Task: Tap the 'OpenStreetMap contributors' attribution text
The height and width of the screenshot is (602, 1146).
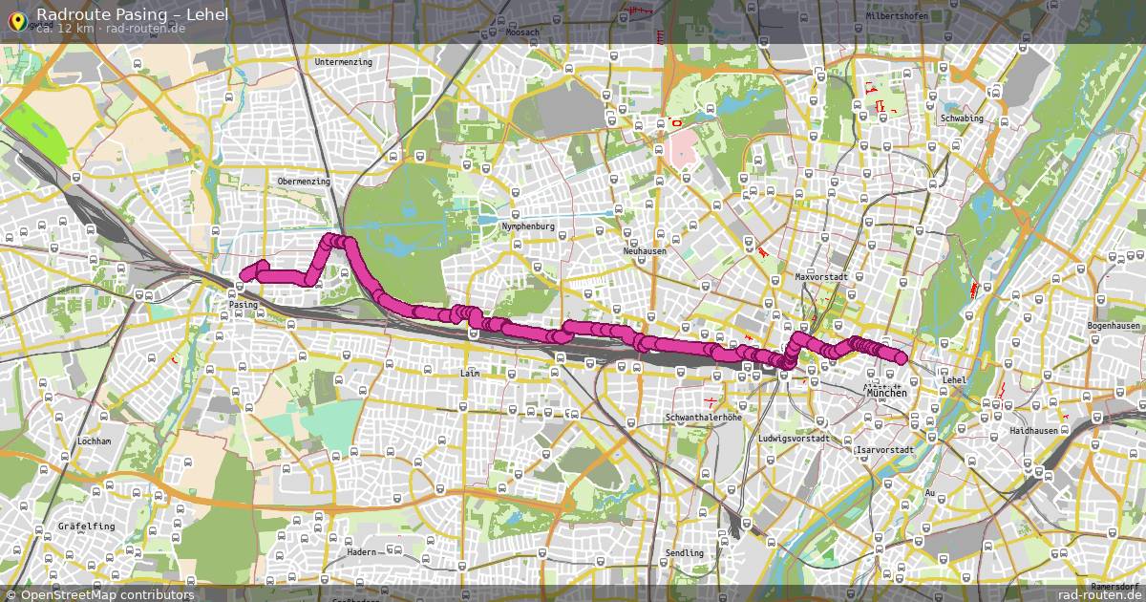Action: tap(107, 594)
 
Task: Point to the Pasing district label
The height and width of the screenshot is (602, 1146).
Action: tap(244, 305)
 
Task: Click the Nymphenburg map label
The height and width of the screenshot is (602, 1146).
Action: tap(528, 226)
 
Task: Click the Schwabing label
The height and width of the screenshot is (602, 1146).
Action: tap(962, 118)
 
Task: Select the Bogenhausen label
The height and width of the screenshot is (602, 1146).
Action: tap(1114, 326)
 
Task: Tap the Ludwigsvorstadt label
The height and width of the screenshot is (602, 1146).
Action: tap(794, 439)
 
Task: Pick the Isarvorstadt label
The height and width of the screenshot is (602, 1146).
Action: tap(886, 449)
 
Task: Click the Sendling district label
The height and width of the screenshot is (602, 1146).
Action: tap(684, 553)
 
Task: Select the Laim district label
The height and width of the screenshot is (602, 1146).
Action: tap(469, 373)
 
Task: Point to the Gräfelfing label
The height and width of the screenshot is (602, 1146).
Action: tap(86, 527)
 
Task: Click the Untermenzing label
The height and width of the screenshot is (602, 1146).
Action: tap(343, 62)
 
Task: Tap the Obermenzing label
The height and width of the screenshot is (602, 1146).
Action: tap(304, 181)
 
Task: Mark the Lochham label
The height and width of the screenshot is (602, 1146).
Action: tap(95, 441)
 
